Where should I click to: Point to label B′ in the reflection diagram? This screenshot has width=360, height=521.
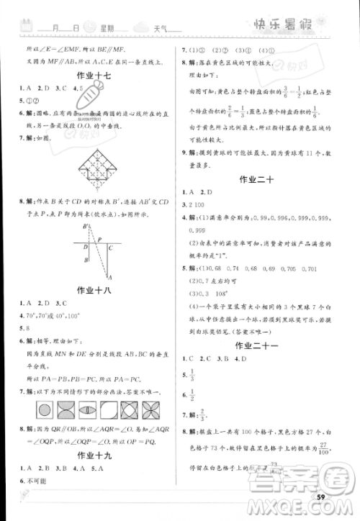pos(86,227)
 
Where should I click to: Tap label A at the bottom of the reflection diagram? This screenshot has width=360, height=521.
pos(109,278)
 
